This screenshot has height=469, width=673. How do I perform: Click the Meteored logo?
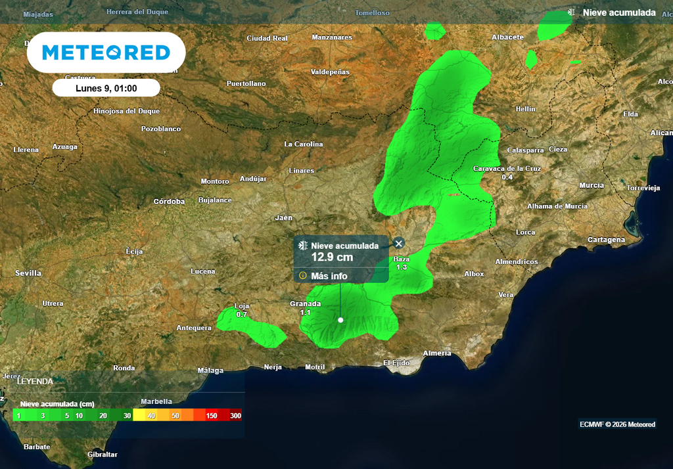tap(106, 53)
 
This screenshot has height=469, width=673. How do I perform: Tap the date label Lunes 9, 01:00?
tap(106, 87)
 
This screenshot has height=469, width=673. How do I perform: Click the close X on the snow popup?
tap(398, 244)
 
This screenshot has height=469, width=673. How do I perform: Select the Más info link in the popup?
tap(329, 276)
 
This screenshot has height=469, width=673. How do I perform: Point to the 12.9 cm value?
tap(332, 257)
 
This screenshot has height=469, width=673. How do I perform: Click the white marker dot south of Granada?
tap(340, 320)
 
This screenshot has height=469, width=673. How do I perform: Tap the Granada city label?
tap(305, 303)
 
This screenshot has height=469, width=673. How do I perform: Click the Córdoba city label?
tap(169, 201)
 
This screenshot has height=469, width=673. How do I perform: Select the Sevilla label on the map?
tap(28, 273)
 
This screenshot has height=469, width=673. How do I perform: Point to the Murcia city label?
tap(592, 185)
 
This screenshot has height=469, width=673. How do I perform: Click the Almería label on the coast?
tap(437, 353)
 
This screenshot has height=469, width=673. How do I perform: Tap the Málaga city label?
tap(210, 370)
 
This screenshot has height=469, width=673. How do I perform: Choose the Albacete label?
tap(507, 37)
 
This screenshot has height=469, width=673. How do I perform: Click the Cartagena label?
tap(606, 240)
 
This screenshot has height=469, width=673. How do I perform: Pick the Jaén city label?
tap(284, 217)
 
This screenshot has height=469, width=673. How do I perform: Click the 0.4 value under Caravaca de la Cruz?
tap(507, 177)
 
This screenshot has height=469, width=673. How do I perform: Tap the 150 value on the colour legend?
tap(212, 416)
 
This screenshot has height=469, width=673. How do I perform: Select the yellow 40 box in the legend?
tap(151, 416)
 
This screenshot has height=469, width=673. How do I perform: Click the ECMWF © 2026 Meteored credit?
tap(617, 424)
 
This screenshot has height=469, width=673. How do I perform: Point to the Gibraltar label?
tap(103, 454)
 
